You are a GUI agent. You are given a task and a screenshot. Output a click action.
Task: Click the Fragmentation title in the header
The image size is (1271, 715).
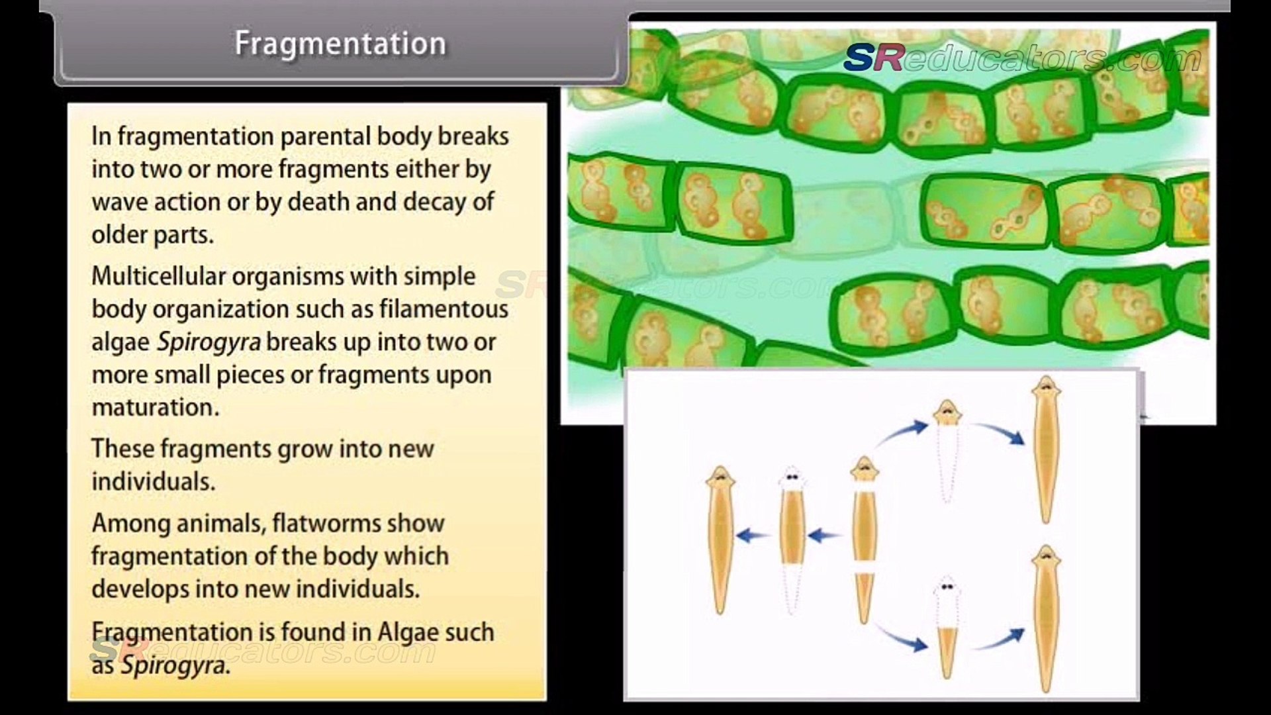(x=340, y=44)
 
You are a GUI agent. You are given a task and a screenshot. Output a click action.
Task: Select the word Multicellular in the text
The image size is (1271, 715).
(x=158, y=276)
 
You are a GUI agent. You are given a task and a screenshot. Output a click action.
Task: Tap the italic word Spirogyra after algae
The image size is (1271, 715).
(x=209, y=342)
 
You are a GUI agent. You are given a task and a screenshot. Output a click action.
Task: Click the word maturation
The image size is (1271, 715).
(x=155, y=407)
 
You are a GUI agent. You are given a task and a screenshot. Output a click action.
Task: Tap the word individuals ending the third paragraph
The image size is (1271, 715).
(x=153, y=481)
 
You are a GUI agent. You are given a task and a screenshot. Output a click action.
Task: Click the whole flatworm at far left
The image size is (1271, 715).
(x=720, y=540)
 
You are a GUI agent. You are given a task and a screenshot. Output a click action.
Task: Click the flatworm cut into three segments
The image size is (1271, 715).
(x=864, y=540)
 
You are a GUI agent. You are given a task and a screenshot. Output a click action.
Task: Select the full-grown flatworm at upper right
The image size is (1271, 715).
(x=1046, y=450)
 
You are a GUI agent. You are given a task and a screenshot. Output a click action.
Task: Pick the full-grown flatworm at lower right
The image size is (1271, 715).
(x=1046, y=619)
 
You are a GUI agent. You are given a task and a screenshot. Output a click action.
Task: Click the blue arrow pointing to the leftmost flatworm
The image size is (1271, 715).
(x=753, y=535)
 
